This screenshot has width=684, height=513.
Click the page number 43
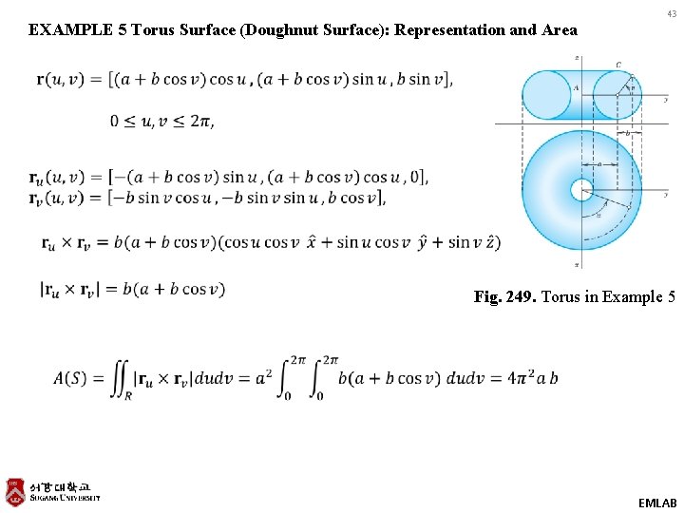click(672, 13)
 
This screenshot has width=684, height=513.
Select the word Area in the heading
click(558, 29)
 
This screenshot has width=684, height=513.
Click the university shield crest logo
click(14, 491)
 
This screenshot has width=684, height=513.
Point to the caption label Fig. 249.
click(506, 297)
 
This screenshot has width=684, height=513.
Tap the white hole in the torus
click(580, 190)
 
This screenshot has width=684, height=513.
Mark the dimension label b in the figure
click(627, 134)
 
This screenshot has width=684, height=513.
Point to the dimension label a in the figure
click(598, 163)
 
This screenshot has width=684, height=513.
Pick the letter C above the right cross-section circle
click(618, 65)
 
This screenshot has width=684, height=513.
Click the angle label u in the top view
click(598, 216)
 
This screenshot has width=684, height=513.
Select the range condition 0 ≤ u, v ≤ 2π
click(161, 121)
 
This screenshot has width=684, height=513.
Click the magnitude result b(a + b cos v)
click(173, 290)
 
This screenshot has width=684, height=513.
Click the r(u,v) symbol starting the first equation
click(60, 80)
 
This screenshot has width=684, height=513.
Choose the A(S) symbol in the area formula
click(71, 378)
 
